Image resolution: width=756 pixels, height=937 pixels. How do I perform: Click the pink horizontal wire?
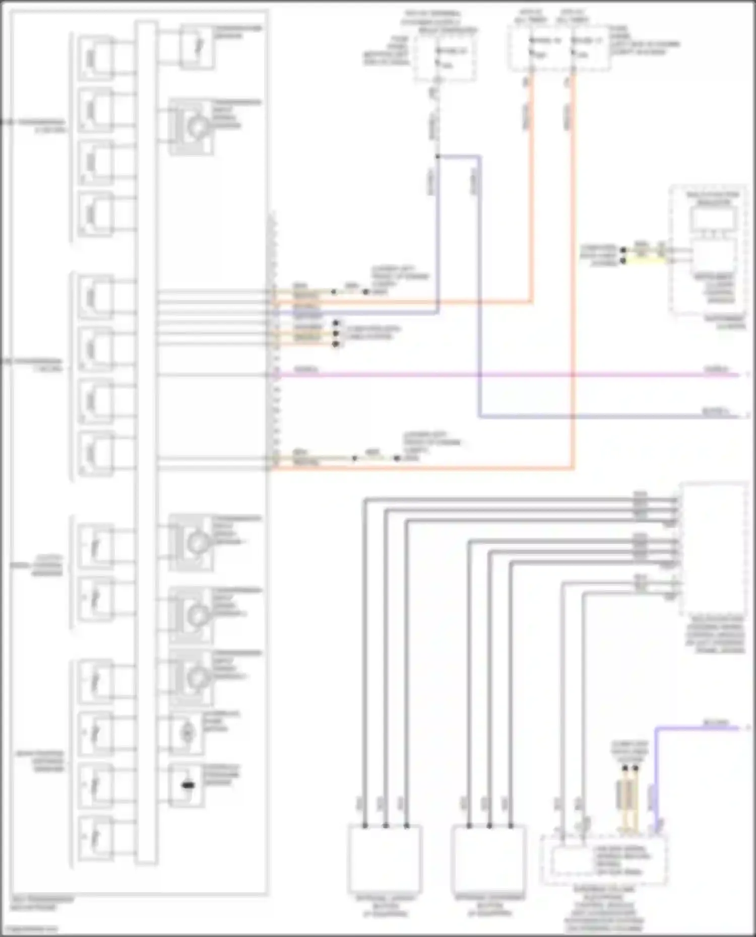point(504,375)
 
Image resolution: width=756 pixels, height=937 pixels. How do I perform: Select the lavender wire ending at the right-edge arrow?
point(605,416)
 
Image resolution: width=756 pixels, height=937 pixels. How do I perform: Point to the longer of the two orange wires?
point(573,302)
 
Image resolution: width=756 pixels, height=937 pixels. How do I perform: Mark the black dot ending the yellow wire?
point(623,261)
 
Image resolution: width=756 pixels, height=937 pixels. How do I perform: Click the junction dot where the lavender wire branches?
point(437,157)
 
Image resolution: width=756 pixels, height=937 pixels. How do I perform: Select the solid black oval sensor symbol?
point(187,785)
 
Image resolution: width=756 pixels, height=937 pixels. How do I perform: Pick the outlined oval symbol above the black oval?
point(187,733)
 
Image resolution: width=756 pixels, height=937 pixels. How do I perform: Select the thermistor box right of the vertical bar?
point(197,47)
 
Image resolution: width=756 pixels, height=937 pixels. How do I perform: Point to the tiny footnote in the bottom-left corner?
point(30,928)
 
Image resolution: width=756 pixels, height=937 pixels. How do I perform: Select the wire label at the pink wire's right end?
point(716,370)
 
